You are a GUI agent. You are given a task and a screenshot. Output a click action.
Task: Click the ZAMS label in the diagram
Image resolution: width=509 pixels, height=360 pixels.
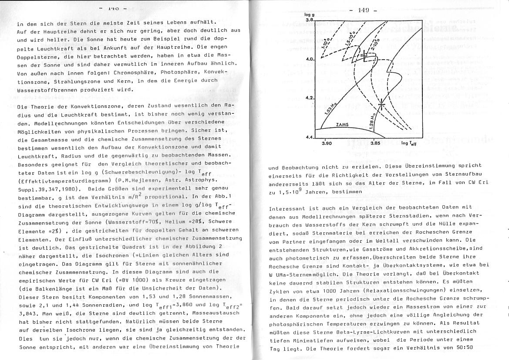pos(343,125)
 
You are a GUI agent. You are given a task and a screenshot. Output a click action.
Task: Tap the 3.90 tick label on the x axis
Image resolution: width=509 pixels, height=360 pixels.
pos(327,143)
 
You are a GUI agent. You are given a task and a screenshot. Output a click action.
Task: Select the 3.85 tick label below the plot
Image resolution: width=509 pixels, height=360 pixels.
pos(375,143)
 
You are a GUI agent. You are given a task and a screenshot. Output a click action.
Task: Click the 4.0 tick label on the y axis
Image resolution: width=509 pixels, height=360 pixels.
pos(309,59)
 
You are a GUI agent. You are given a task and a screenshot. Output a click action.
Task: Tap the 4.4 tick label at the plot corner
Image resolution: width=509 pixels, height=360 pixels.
pos(309,138)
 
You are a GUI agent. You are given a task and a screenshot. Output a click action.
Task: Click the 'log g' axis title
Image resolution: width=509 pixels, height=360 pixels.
pos(310,15)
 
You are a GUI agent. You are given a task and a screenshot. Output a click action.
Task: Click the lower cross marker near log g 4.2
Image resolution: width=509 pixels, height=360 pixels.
pos(381,104)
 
